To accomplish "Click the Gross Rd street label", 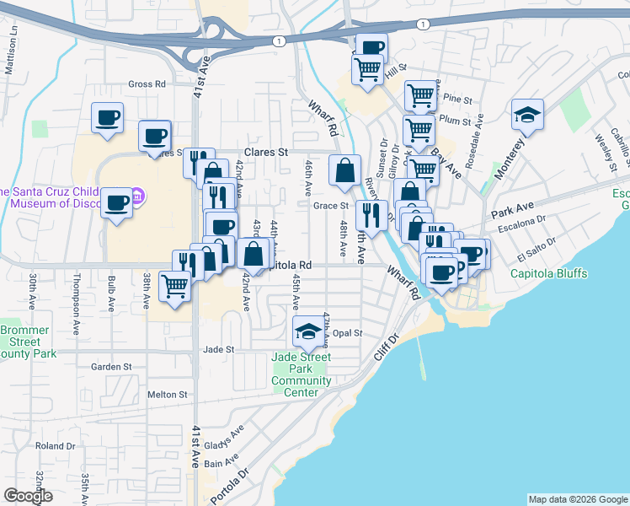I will [x=147, y=84].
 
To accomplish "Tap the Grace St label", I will [x=331, y=205].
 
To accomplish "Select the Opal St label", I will [x=346, y=333].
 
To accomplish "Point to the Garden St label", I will [x=112, y=367].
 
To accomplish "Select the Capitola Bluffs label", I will [x=549, y=273].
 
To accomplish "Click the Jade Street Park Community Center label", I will [x=302, y=374].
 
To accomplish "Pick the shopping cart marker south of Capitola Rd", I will [x=175, y=287].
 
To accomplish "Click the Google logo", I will [x=29, y=496].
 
